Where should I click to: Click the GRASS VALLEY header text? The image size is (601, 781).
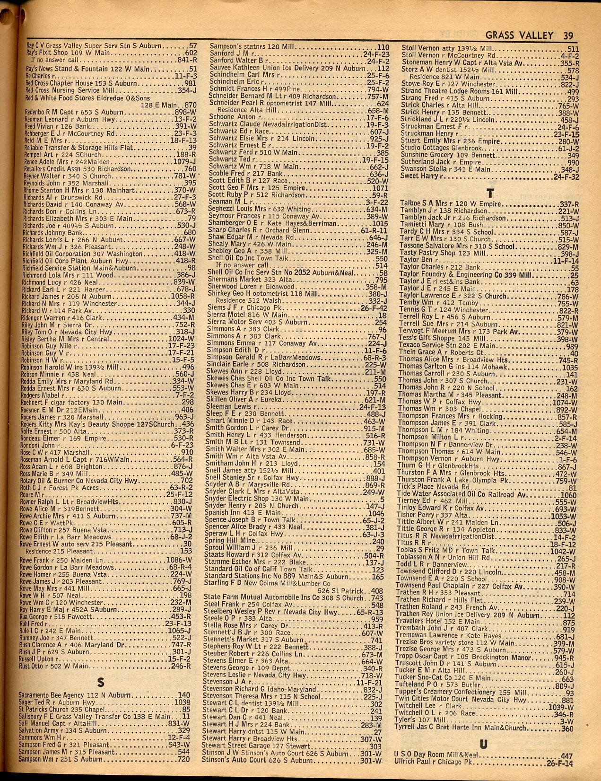click(519, 35)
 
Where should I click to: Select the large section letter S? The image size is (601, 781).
click(100, 682)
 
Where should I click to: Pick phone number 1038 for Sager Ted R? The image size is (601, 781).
click(182, 702)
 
